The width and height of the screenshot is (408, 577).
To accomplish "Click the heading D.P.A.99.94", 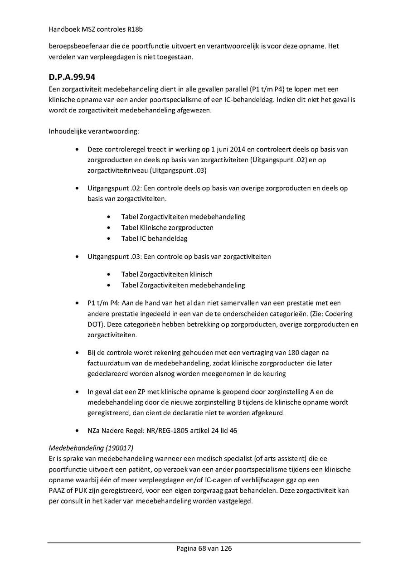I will point(72,78).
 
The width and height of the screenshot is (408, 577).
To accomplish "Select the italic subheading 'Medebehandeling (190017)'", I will point(91,448).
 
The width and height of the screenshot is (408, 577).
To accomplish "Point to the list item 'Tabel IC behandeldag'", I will point(154,238).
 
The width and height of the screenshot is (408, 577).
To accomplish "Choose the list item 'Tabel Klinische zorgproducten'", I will point(167,228).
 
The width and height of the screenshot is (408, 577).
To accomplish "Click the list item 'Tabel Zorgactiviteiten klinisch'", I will point(166,274).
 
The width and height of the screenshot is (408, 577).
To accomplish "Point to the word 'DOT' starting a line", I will point(95,325).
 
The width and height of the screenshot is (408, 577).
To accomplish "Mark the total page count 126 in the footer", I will point(226,548).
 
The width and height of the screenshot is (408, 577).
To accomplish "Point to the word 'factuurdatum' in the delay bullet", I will point(107,363).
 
